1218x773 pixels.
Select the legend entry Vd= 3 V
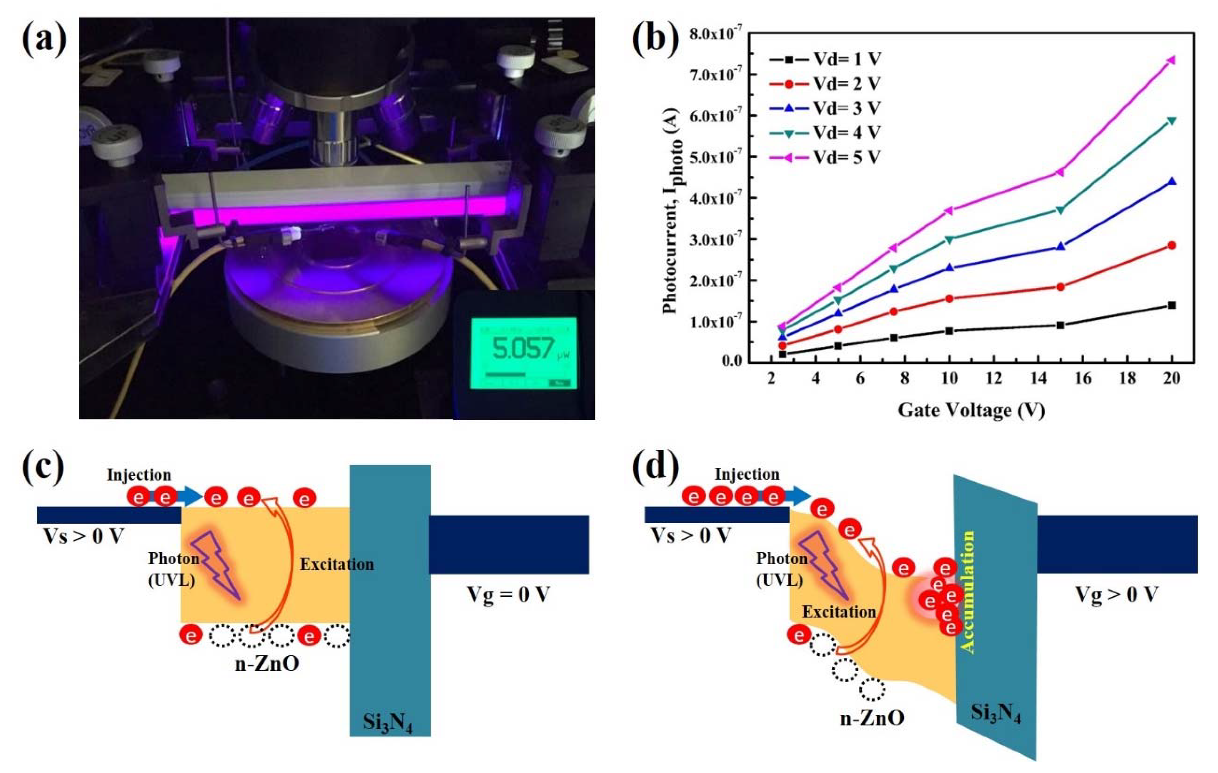coord(847,108)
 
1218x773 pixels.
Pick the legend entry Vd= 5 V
coord(847,157)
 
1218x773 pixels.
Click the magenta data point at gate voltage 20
coord(1171,60)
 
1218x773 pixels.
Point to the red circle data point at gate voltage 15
coord(1060,287)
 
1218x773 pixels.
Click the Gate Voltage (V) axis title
coord(971,410)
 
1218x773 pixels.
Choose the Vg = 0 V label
coord(508,594)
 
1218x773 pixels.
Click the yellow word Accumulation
coord(967,592)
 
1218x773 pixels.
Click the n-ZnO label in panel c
coord(267,664)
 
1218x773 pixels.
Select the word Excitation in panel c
coord(337,564)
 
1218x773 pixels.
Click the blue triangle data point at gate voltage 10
coord(949,267)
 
